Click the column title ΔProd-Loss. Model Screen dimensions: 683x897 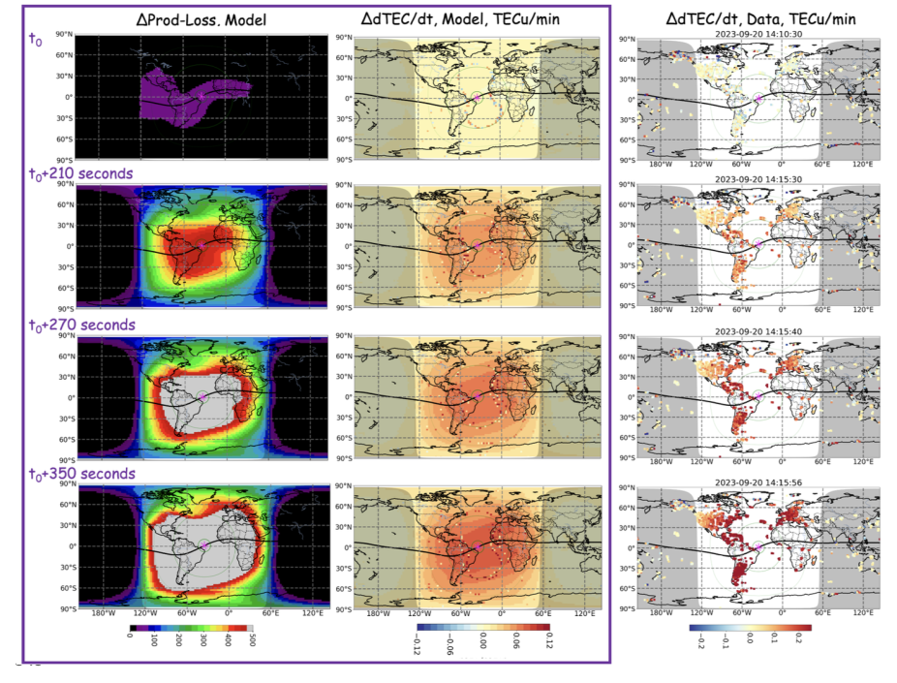pos(202,20)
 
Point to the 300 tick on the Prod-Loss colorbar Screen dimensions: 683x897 pos(203,642)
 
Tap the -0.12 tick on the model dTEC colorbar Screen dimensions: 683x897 pos(416,644)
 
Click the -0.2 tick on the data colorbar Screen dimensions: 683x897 pos(694,642)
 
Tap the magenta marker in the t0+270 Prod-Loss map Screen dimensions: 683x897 pos(204,397)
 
